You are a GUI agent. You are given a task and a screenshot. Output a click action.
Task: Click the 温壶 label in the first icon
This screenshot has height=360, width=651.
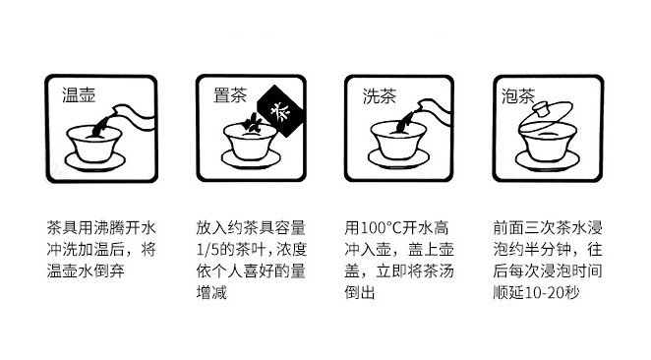tap(79, 94)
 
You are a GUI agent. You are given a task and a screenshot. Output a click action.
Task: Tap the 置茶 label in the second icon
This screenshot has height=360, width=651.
tap(230, 94)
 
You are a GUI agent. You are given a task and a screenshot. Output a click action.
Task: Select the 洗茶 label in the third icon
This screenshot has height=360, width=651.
tap(380, 96)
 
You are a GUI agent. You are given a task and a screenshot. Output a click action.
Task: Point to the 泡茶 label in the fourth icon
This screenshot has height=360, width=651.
tap(518, 96)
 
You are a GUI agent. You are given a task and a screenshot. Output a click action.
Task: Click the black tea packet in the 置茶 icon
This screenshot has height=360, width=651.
tap(281, 111)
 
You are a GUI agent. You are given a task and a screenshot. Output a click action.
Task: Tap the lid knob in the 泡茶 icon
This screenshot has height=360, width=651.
tap(542, 109)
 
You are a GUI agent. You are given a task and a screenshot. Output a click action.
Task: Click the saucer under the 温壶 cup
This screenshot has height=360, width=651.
tap(95, 162)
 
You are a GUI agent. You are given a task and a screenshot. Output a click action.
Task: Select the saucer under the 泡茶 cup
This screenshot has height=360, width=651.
tap(547, 160)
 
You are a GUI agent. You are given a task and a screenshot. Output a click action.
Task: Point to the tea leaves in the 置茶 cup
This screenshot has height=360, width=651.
tap(252, 123)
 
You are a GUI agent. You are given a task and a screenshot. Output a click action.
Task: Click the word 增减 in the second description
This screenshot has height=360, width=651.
tap(211, 293)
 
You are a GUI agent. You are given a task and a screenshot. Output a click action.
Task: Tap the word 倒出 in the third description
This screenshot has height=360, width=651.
tap(360, 293)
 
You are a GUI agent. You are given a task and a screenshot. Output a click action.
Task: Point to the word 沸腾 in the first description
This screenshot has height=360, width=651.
tap(109, 228)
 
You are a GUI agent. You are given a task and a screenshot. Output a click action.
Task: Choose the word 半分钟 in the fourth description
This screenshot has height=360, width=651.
tap(548, 250)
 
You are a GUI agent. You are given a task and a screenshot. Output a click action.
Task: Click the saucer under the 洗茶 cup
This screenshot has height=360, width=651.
tap(398, 158)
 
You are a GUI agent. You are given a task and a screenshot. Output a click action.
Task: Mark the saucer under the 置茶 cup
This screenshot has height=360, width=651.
tap(251, 158)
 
